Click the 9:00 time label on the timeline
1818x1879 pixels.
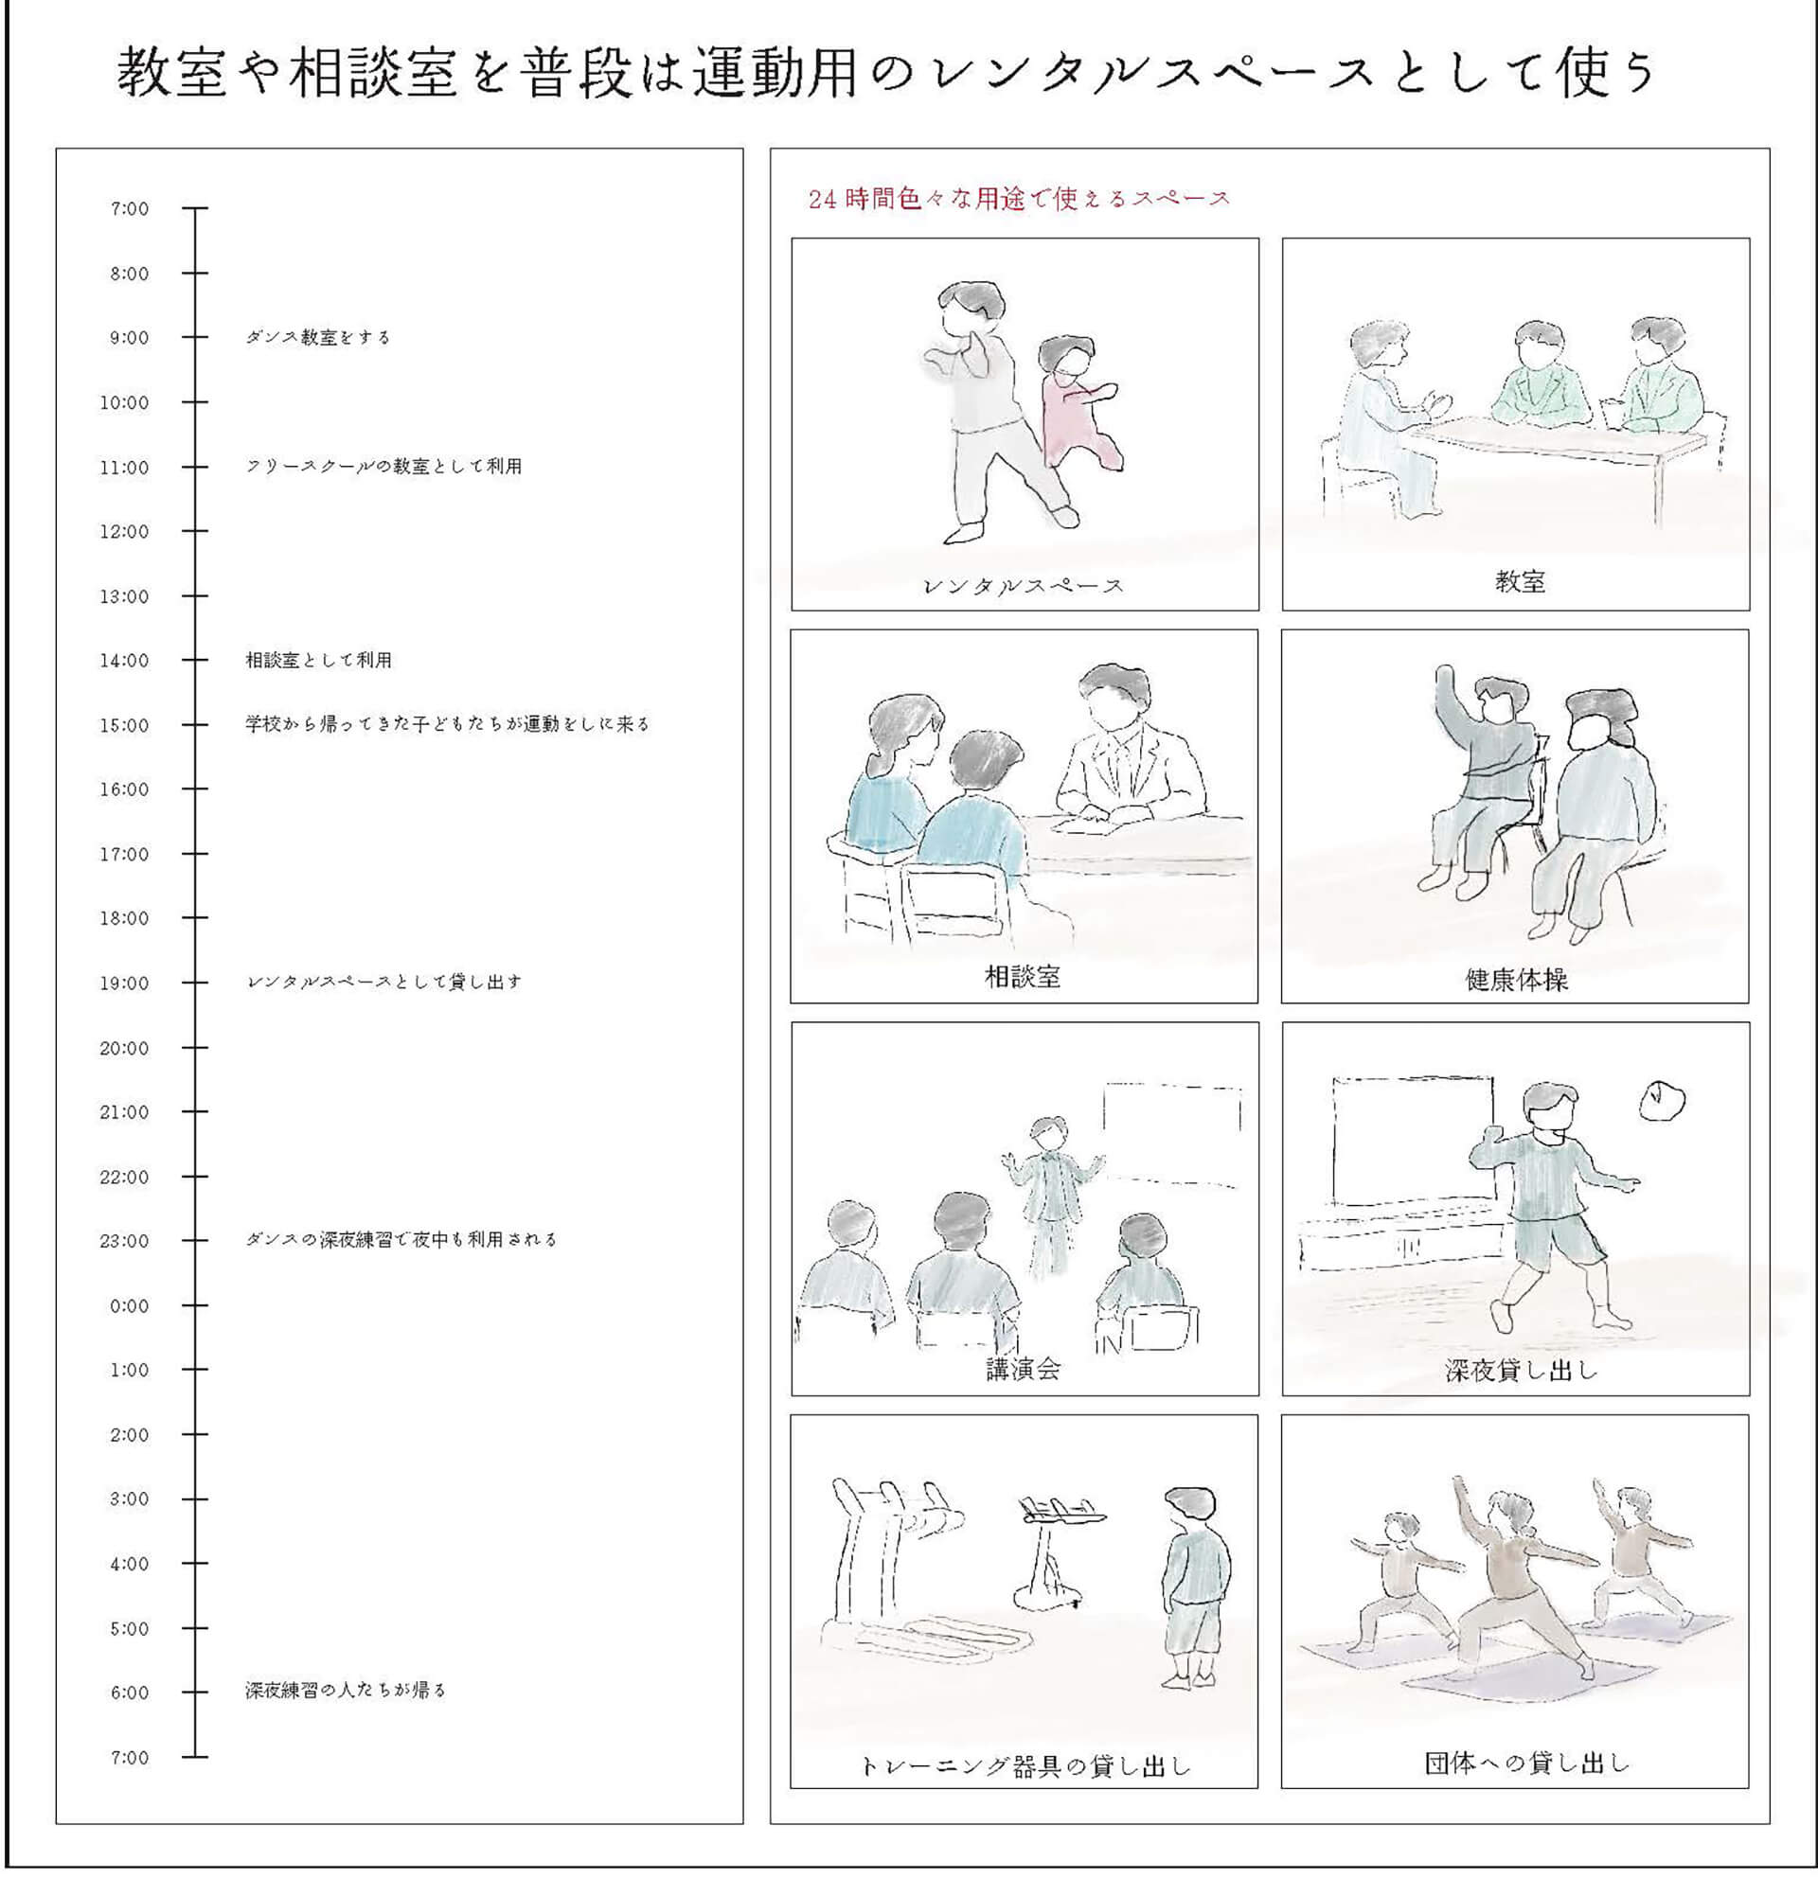pos(129,337)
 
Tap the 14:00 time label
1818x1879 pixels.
pos(125,661)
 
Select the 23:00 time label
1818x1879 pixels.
pos(125,1242)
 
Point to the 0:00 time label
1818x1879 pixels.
pos(129,1305)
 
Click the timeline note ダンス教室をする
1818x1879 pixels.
pos(318,337)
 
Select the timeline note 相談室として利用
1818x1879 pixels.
pos(318,661)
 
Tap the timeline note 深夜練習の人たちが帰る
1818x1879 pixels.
pos(347,1690)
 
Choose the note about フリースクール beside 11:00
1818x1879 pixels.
pos(383,467)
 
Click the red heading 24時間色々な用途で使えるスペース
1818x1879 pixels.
pos(1019,199)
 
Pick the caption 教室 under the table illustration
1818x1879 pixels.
pos(1520,581)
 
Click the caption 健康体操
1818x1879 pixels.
pos(1516,980)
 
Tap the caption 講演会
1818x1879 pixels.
pos(1024,1369)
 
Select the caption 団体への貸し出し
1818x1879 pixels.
pos(1526,1762)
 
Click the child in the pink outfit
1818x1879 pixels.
pos(1078,402)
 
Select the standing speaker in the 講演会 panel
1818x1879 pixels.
pos(1050,1194)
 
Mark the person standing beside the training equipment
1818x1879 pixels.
pos(1195,1587)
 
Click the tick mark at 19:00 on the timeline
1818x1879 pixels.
pos(195,983)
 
